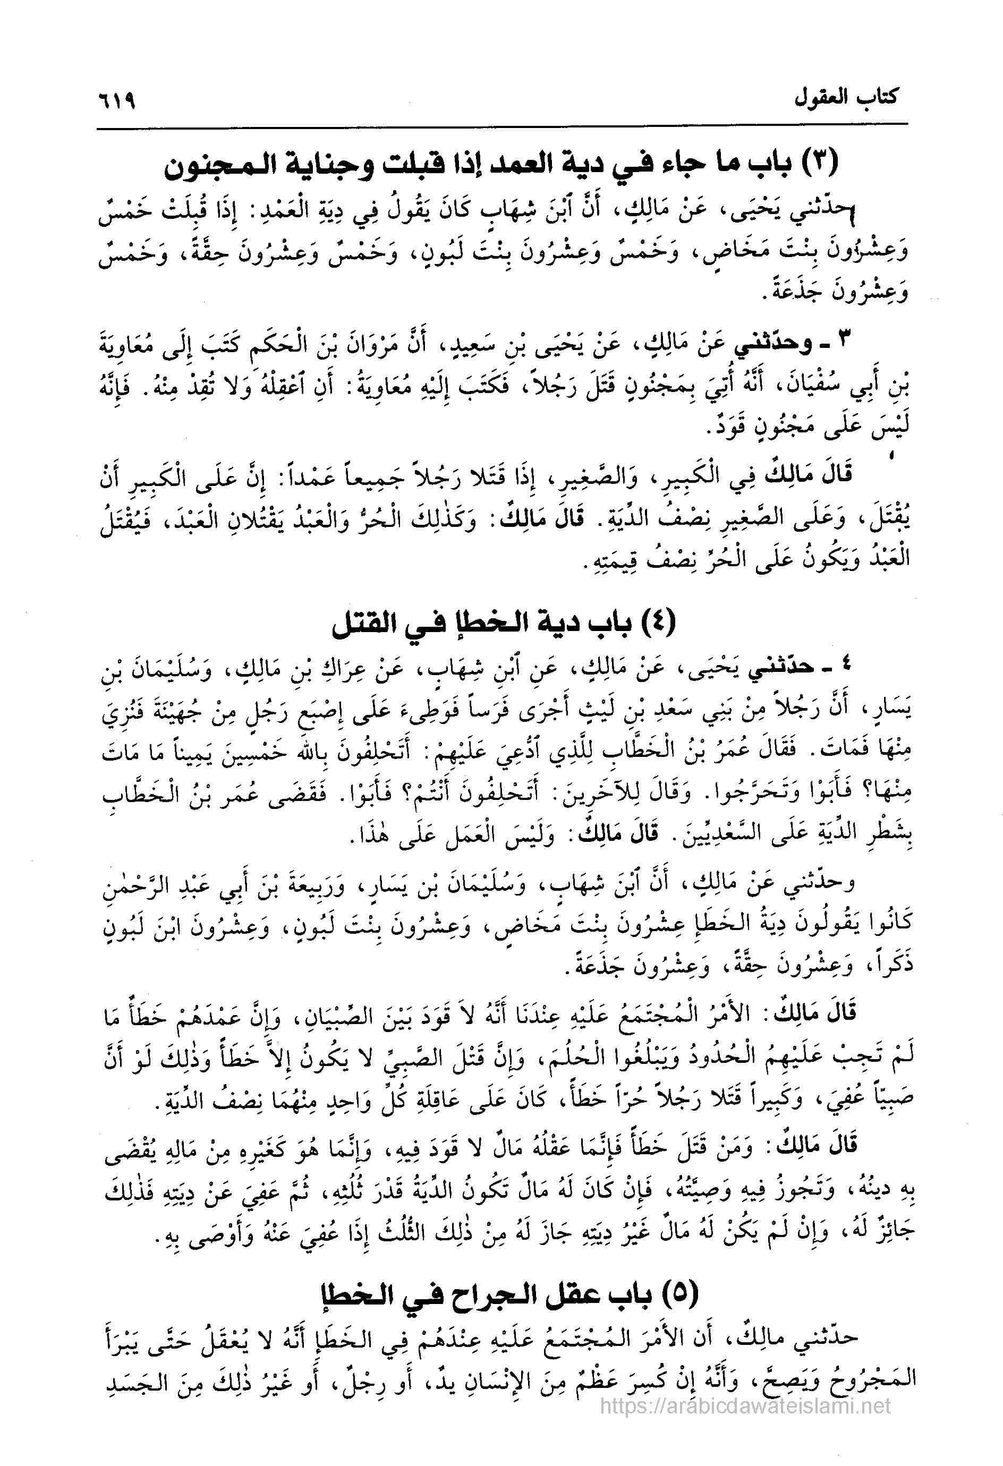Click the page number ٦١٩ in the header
pyautogui.click(x=118, y=101)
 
